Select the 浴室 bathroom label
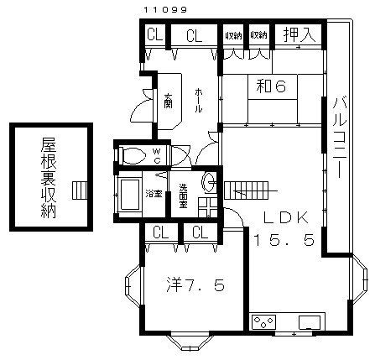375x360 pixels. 154,194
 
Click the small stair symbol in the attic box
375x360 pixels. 79,190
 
